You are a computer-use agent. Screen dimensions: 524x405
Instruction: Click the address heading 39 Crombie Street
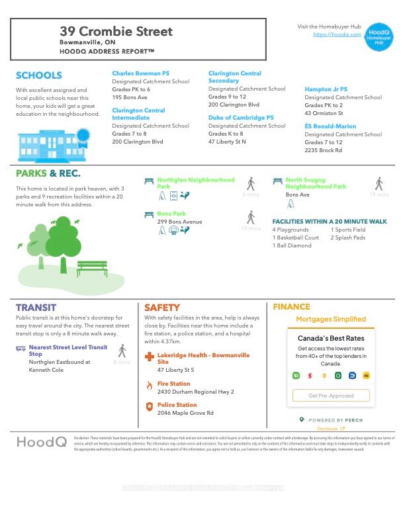(116, 31)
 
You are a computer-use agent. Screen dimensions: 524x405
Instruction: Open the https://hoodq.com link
(337, 34)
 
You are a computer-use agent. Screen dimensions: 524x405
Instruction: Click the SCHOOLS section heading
(38, 75)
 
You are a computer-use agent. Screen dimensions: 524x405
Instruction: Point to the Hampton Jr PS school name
(326, 89)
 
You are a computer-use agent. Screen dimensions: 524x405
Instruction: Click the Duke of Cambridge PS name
(241, 118)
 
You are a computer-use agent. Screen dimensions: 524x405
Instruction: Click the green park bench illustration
(92, 268)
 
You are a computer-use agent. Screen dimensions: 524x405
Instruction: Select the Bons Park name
(171, 214)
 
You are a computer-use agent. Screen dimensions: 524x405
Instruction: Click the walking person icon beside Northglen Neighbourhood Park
(251, 183)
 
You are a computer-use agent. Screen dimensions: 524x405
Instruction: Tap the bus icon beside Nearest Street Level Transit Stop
(21, 347)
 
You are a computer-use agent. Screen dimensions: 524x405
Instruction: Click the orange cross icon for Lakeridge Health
(150, 359)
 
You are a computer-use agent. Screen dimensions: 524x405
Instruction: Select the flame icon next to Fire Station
(150, 384)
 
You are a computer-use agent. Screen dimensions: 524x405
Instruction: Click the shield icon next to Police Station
(150, 406)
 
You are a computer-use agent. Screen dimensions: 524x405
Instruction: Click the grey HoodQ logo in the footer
(41, 442)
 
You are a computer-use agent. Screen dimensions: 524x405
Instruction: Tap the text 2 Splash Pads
(347, 238)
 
